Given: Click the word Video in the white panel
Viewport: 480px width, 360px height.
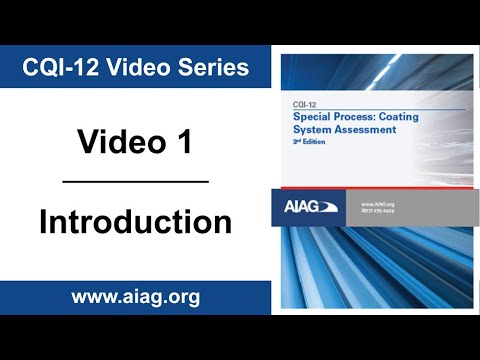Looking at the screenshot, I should [118, 142].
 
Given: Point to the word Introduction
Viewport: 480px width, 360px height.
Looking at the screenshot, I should [135, 221].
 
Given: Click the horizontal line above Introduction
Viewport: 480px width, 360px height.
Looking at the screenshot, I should [135, 182].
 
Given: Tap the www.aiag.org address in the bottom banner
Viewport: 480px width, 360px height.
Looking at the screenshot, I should [135, 297].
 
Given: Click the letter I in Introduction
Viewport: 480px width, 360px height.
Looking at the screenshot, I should [45, 221].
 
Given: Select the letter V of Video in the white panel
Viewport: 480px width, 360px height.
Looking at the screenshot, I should [89, 142].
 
